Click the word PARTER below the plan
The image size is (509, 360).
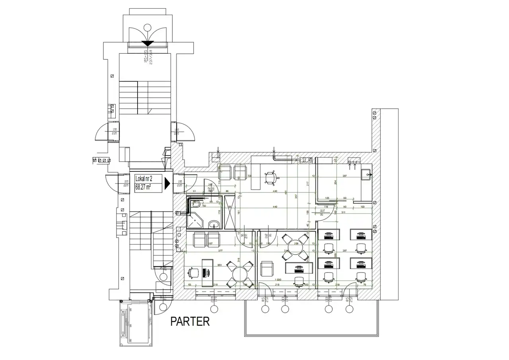coord(190,321)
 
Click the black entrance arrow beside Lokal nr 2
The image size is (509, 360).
coord(167,183)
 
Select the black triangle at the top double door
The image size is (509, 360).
coord(148,43)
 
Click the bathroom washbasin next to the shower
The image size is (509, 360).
coord(214,224)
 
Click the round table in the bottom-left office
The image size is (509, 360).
coord(240,274)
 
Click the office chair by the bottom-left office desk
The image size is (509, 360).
coord(194,273)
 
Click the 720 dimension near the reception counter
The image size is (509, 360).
coord(250,175)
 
